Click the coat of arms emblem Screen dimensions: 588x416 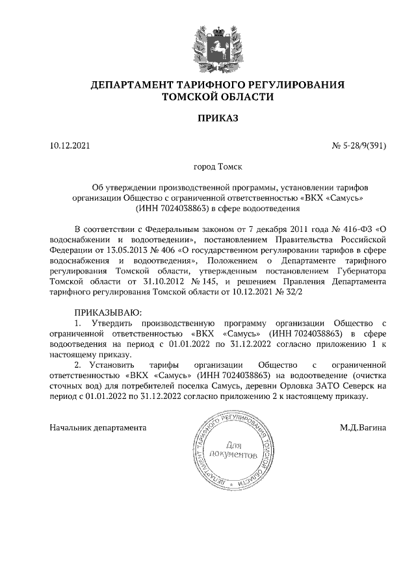pos(208,47)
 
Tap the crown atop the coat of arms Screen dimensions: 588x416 pos(208,27)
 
